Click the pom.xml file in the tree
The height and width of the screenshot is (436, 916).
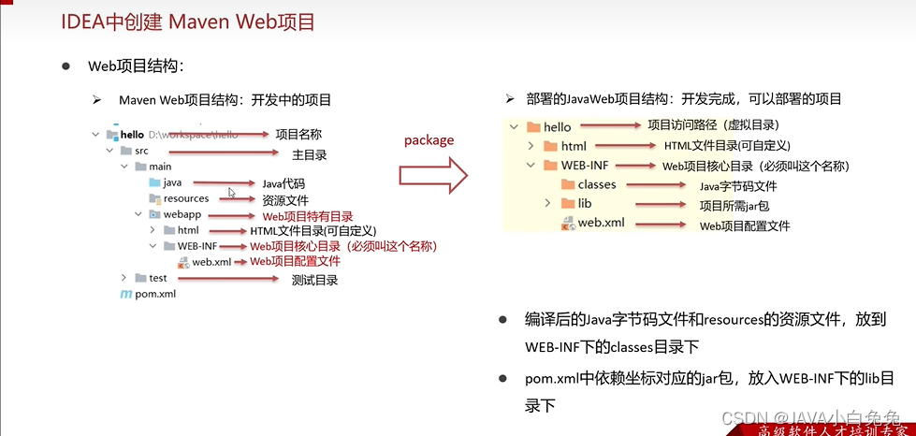click(154, 294)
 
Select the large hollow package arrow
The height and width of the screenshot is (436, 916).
click(432, 173)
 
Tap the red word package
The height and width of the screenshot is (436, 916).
click(429, 140)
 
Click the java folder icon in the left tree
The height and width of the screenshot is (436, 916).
click(154, 182)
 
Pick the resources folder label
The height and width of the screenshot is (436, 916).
click(186, 198)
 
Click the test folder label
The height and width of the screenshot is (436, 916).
click(158, 278)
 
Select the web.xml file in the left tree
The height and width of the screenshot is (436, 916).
click(211, 262)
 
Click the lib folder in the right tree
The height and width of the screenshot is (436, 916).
click(584, 203)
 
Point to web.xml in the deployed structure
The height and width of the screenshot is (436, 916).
click(601, 223)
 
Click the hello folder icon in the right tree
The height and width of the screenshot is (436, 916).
click(533, 127)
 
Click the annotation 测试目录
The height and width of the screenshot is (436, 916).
click(314, 280)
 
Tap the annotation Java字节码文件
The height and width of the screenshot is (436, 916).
click(738, 186)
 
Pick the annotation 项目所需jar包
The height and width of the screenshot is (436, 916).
click(735, 205)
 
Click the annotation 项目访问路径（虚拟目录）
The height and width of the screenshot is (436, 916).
click(713, 125)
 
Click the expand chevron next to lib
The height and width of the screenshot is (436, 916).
click(548, 203)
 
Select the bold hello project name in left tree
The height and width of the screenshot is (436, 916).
click(132, 135)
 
